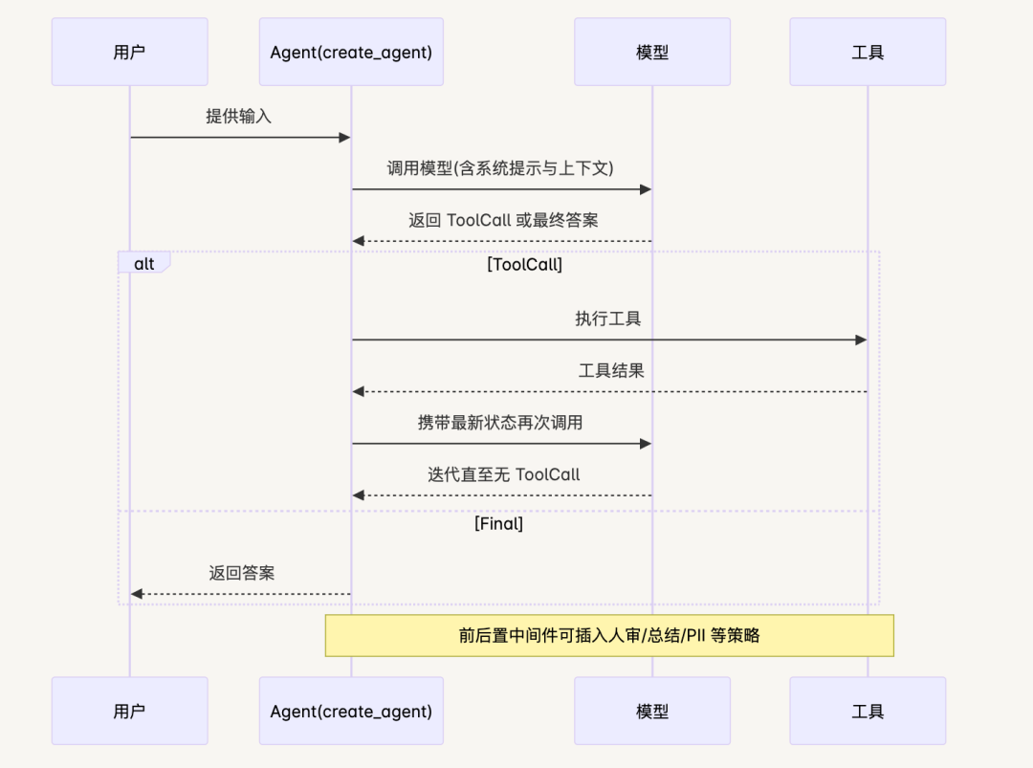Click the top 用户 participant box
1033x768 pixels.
(x=129, y=52)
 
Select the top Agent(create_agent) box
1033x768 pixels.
(x=351, y=52)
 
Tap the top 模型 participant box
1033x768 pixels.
(x=652, y=52)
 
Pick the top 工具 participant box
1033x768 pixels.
(x=868, y=52)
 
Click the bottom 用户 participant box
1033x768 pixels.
(x=129, y=711)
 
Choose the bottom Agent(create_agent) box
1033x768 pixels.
(x=351, y=711)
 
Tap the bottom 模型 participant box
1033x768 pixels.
(x=652, y=711)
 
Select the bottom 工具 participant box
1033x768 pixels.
(x=868, y=711)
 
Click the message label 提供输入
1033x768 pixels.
(x=239, y=117)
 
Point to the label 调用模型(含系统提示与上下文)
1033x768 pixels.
(x=500, y=168)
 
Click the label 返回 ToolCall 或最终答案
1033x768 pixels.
(x=503, y=220)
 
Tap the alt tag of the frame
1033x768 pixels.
(x=143, y=263)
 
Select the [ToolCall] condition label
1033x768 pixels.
(x=524, y=265)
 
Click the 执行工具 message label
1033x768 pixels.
(x=608, y=319)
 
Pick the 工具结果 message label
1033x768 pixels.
(x=611, y=371)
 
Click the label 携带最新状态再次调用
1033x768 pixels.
(x=500, y=423)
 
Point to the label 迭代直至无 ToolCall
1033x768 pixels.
(x=503, y=474)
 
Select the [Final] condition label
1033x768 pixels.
(x=498, y=524)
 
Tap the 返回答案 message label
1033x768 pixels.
(x=242, y=574)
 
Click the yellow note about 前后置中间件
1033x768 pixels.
(x=609, y=635)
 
